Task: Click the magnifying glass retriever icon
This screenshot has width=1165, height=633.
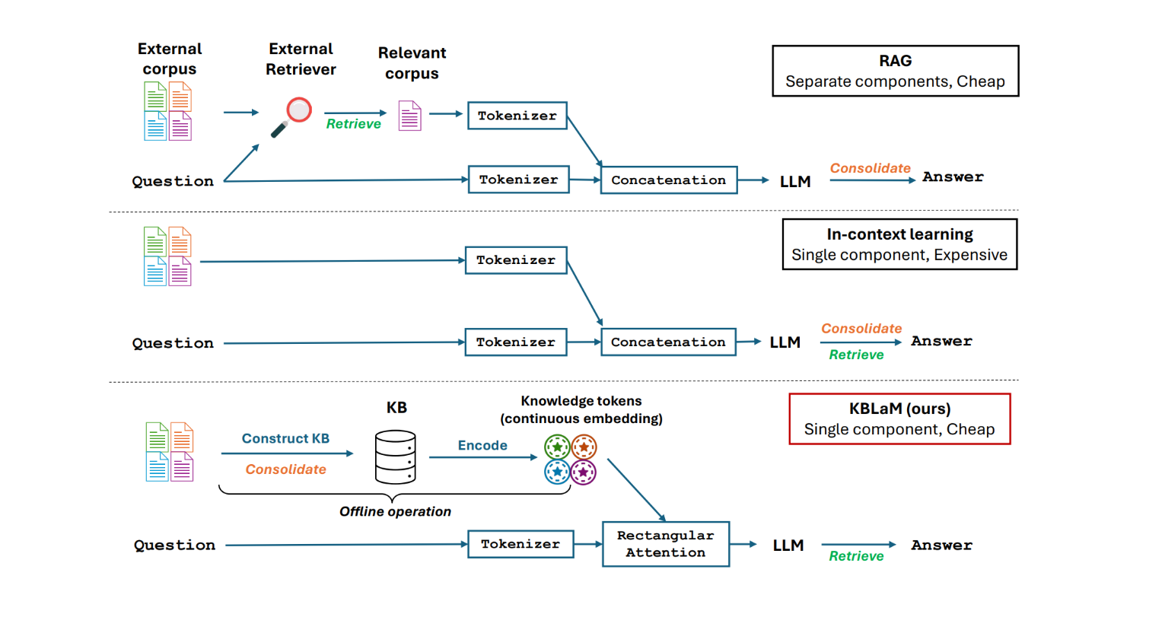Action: tap(291, 116)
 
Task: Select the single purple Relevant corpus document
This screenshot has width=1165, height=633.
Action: tap(409, 116)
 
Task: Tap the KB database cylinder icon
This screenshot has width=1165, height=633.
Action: tap(395, 456)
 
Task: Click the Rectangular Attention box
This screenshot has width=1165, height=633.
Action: tap(665, 544)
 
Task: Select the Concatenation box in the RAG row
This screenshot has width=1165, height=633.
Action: tap(668, 180)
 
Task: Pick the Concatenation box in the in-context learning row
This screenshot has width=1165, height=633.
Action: tap(668, 342)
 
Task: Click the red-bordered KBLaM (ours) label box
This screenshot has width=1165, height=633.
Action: tap(899, 418)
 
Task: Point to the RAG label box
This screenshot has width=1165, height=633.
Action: tap(895, 71)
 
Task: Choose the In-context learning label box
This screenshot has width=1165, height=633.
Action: tap(899, 244)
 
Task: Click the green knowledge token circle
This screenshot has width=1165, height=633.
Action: tap(557, 447)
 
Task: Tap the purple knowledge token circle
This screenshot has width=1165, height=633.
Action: tap(584, 472)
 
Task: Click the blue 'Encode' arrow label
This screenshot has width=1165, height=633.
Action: tap(482, 446)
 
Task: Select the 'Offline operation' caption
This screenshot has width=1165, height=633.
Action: tap(395, 511)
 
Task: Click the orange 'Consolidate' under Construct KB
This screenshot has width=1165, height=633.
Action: tap(285, 469)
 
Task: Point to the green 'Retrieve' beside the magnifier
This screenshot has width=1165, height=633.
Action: tap(353, 124)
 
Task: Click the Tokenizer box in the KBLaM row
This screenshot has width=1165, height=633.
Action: tap(520, 544)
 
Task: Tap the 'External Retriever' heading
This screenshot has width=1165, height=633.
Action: tap(301, 59)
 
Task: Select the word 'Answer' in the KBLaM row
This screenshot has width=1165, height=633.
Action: tap(941, 545)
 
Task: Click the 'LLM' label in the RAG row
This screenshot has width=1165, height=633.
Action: tap(795, 182)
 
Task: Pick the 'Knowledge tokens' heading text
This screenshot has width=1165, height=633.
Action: tap(581, 401)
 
